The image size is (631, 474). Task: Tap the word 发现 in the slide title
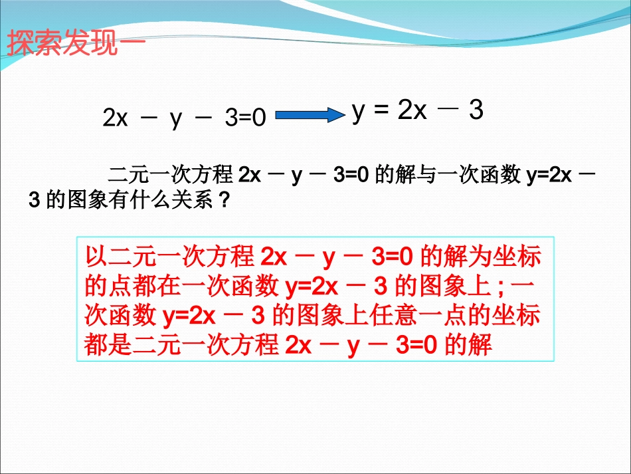coord(84,44)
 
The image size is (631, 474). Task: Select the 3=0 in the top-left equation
coord(246,118)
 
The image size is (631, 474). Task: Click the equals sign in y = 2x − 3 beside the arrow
coord(381,110)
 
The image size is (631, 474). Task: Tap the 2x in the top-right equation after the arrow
coord(412,110)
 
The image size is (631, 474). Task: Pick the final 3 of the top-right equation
coord(476,110)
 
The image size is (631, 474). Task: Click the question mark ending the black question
coord(224,200)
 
